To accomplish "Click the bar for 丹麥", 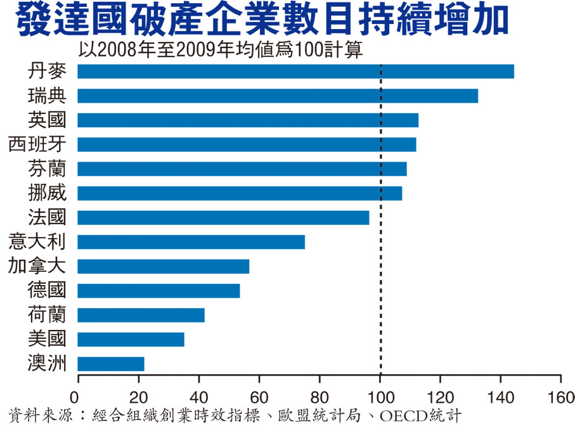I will click(295, 72).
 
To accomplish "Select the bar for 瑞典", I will click(278, 96).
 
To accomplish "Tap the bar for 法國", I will click(223, 218).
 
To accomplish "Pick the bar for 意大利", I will click(191, 242).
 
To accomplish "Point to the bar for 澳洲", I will click(111, 364).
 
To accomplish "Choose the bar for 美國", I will click(131, 339).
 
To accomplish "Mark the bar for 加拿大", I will click(164, 267).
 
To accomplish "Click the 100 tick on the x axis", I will click(380, 379).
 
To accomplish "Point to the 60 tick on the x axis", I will click(259, 379).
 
